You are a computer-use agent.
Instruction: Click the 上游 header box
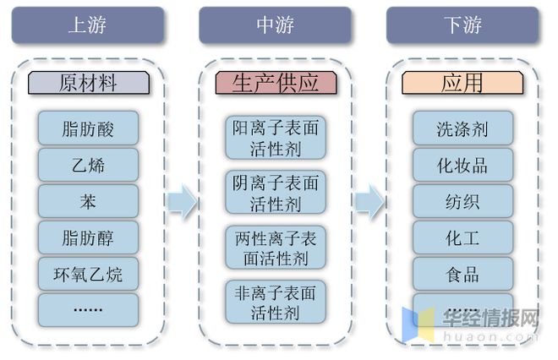[88, 25]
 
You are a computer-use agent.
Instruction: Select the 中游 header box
[276, 25]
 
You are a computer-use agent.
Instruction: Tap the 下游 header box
[463, 25]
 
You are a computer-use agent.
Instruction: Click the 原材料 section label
[88, 83]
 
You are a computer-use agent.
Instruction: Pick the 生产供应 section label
[276, 83]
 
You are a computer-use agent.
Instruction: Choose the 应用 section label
[462, 83]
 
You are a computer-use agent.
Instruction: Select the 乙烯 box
[88, 165]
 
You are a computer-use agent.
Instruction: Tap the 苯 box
[88, 201]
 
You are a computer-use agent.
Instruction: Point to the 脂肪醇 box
[88, 237]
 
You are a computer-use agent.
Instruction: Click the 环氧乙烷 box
[88, 274]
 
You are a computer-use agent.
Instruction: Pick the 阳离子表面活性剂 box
[276, 138]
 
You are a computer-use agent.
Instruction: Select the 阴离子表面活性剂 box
[276, 193]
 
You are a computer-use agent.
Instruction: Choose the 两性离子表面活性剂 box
[276, 248]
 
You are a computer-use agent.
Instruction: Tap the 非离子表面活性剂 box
[276, 302]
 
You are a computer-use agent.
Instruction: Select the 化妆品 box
[462, 165]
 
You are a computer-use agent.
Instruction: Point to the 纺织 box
[462, 201]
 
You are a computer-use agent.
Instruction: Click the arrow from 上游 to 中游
[181, 202]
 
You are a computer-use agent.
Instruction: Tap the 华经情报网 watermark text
[491, 319]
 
